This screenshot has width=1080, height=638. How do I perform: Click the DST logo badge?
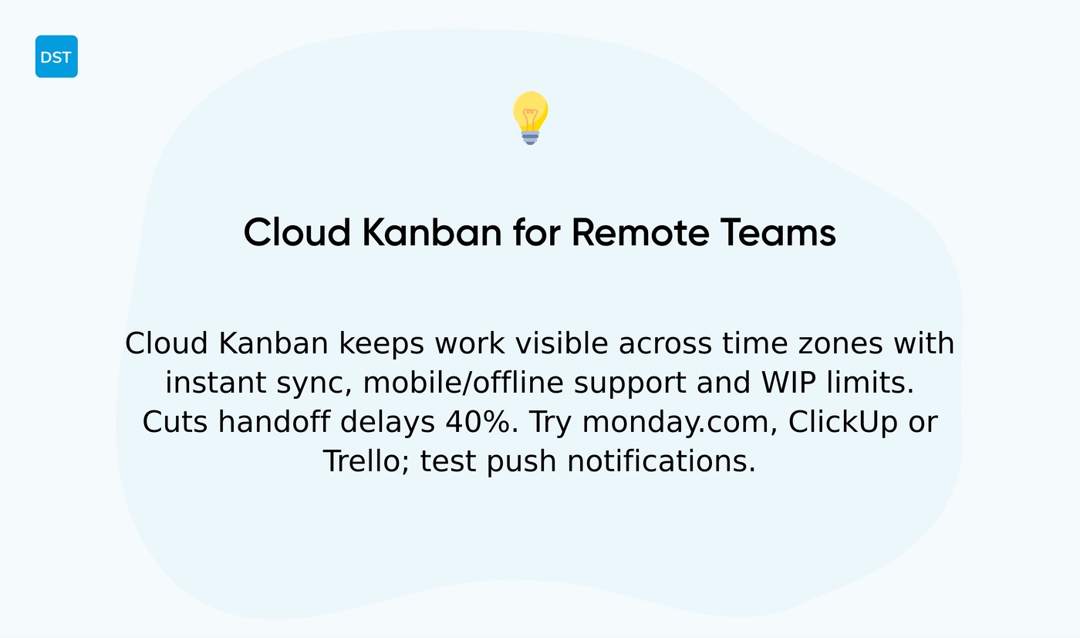56,56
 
